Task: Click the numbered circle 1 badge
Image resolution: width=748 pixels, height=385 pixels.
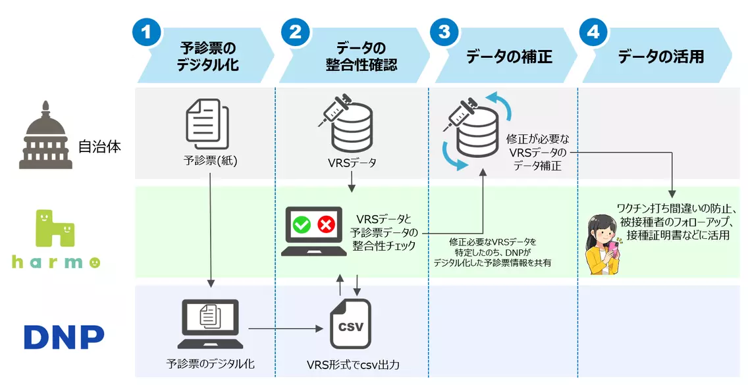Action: pos(146,32)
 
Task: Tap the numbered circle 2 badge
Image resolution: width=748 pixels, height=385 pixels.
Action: pos(295,32)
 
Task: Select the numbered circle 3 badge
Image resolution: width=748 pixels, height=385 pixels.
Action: pos(444,32)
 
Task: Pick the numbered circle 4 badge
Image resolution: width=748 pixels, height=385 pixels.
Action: pos(593,32)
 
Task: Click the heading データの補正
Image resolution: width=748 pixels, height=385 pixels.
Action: pos(509,57)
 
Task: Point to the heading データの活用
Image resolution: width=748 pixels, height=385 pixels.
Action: pos(661,57)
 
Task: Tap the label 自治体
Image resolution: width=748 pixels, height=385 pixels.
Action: pos(99,147)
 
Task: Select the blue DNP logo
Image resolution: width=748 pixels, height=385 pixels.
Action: pos(65,337)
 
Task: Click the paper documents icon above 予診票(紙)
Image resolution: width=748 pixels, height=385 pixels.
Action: pos(207,124)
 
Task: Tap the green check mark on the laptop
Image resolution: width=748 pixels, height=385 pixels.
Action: pos(302,224)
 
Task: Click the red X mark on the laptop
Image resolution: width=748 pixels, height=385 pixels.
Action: pos(327,224)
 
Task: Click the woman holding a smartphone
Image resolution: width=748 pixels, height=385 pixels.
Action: pos(603,244)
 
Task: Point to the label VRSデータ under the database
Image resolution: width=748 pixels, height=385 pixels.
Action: pos(352,163)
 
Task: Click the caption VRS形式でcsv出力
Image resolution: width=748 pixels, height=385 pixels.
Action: pos(353,365)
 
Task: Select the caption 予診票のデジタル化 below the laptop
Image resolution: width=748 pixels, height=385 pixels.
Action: pos(211,363)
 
